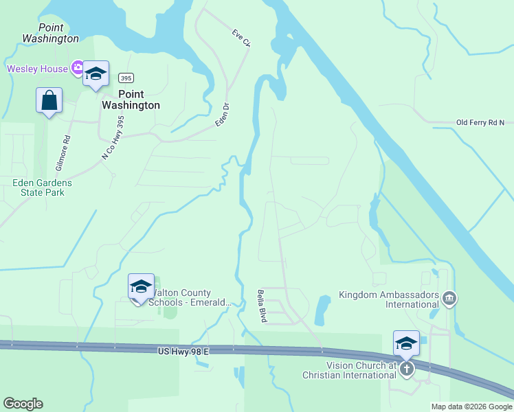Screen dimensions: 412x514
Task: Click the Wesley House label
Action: [x=37, y=69]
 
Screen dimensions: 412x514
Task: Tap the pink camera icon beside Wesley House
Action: [x=77, y=69]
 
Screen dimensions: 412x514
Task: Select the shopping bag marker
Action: [x=49, y=100]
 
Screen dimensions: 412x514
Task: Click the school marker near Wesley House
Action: [x=96, y=73]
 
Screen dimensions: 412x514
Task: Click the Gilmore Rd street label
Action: [x=67, y=147]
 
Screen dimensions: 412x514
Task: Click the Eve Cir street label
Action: [x=241, y=38]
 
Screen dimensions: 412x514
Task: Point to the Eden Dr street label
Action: [x=222, y=114]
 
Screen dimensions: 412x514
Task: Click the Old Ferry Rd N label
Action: [x=480, y=123]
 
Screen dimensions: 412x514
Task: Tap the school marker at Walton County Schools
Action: [x=141, y=287]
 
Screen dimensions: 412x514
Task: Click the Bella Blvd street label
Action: [x=262, y=306]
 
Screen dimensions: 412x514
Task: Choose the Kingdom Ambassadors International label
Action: [x=388, y=299]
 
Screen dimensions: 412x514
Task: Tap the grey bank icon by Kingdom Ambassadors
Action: [x=449, y=297]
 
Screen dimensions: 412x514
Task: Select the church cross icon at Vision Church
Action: [x=406, y=369]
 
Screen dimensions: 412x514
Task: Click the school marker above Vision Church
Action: [x=406, y=344]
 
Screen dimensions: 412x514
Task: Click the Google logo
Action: [x=23, y=404]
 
